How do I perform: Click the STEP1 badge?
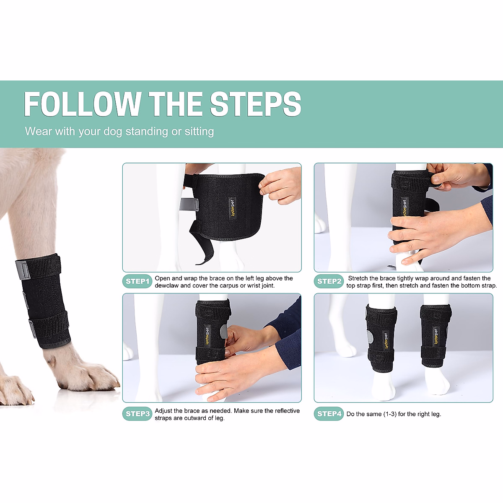(x=137, y=281)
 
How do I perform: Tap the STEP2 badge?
(x=329, y=281)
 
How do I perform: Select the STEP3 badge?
(x=137, y=414)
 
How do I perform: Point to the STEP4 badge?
(x=329, y=414)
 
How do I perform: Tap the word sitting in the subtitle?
(x=199, y=132)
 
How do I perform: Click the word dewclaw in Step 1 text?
(x=166, y=285)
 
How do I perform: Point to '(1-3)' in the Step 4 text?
(x=390, y=414)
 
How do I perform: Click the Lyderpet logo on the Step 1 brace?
(x=232, y=208)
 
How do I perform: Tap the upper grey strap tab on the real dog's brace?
(x=23, y=270)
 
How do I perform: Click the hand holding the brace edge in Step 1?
(x=281, y=184)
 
